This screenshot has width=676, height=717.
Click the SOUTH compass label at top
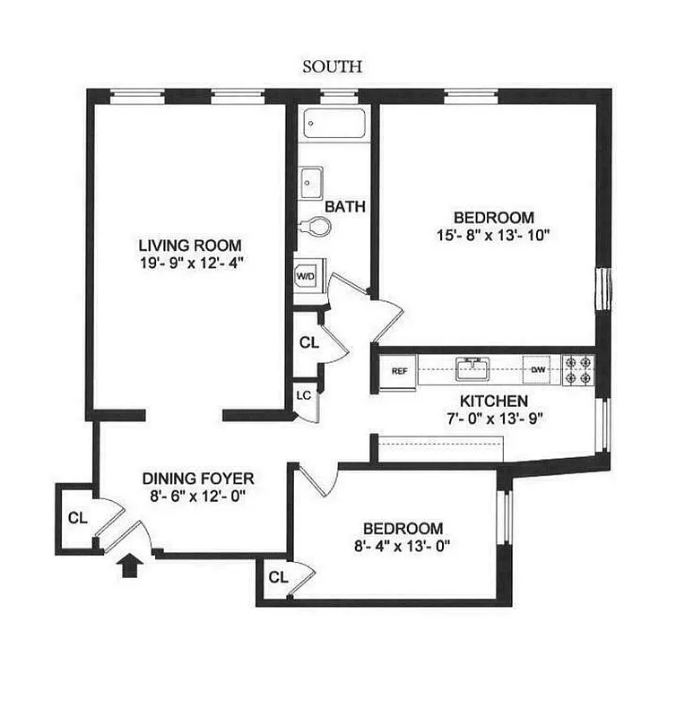tap(333, 65)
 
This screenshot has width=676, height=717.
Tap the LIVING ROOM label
tap(189, 246)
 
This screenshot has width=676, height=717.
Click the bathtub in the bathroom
tap(334, 123)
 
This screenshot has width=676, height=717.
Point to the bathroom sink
tap(311, 186)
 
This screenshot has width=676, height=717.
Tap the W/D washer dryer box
tap(306, 276)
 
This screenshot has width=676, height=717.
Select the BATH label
tap(345, 206)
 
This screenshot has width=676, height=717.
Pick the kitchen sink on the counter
tap(472, 368)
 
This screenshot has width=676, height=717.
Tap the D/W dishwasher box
tap(539, 369)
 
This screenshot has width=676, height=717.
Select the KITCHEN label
tap(494, 402)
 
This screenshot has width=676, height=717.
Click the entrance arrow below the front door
tap(129, 566)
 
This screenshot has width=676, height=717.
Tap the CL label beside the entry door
tap(76, 518)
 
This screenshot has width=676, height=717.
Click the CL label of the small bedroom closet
tap(277, 577)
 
